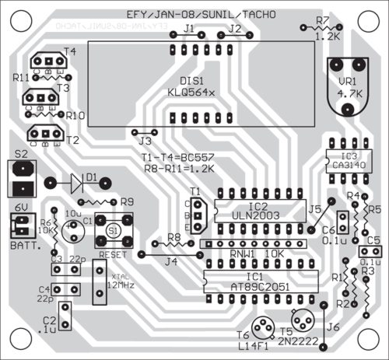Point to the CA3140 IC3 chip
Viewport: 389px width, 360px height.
pos(340,159)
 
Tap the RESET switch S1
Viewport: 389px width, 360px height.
pos(114,232)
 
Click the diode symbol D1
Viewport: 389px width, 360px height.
pos(75,183)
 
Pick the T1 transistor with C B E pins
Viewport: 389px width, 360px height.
pos(198,215)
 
